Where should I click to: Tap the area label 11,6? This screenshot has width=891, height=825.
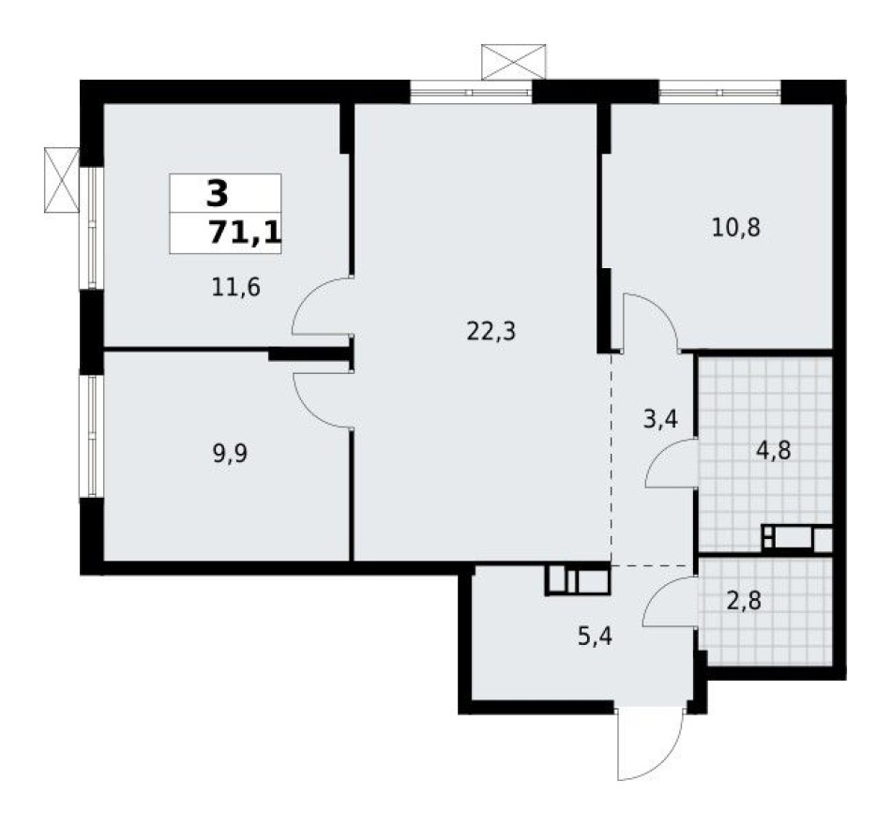[234, 287]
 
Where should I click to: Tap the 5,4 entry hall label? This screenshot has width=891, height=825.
[597, 639]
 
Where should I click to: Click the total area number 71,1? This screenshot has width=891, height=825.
[244, 232]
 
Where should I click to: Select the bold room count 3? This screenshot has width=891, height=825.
[217, 194]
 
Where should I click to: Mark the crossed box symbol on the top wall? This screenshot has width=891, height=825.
[512, 62]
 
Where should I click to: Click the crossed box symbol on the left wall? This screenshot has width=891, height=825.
[63, 179]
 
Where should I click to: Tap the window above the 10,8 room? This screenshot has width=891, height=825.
[719, 92]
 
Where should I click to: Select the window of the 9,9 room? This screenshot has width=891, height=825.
[91, 435]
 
